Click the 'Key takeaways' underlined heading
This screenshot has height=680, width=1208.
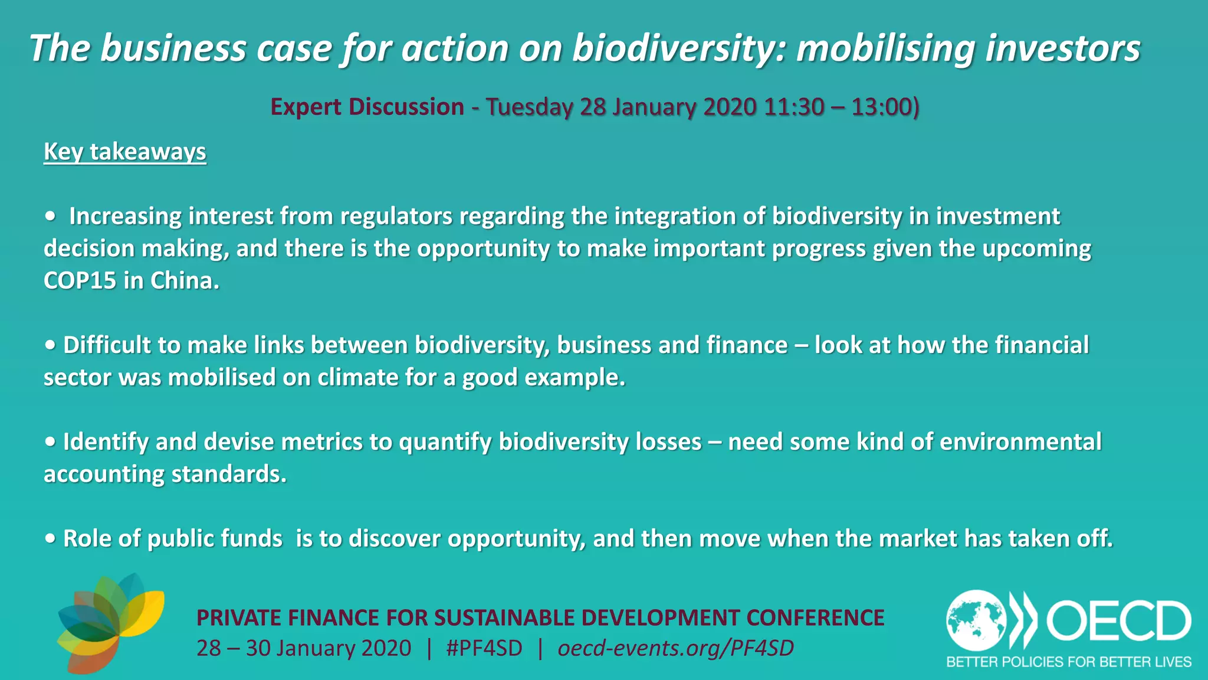[x=125, y=152]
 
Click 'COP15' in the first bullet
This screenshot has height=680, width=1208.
[x=80, y=280]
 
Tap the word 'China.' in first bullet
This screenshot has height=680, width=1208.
[x=185, y=280]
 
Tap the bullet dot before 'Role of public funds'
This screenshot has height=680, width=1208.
[x=50, y=539]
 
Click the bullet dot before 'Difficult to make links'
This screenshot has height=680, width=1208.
[x=50, y=345]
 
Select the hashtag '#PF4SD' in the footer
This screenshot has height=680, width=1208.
[x=484, y=648]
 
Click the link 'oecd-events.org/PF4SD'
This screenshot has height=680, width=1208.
[x=675, y=648]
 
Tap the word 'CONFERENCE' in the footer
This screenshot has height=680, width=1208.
[x=815, y=617]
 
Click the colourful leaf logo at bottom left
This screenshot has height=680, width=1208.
[x=110, y=623]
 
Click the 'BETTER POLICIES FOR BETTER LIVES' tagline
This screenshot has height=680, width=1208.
[x=1068, y=662]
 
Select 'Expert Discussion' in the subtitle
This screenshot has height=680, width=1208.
[x=367, y=107]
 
